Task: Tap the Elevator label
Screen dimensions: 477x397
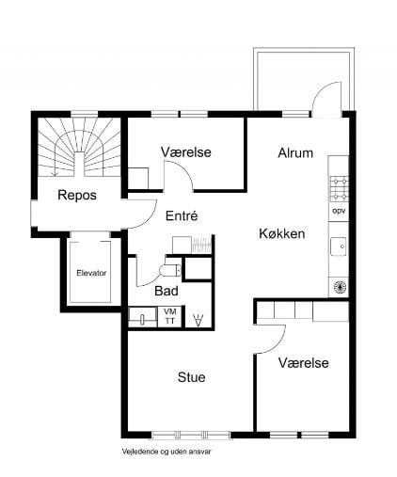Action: pyautogui.click(x=91, y=273)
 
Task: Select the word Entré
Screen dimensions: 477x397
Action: pyautogui.click(x=181, y=215)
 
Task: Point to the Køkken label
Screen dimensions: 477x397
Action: pyautogui.click(x=281, y=234)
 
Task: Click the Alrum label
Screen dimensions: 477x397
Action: pyautogui.click(x=295, y=152)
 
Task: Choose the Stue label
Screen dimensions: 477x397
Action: pyautogui.click(x=191, y=377)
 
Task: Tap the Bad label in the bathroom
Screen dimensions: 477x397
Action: pyautogui.click(x=167, y=291)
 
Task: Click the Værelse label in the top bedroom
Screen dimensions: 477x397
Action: pyautogui.click(x=185, y=151)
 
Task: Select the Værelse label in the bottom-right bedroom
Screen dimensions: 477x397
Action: pyautogui.click(x=303, y=363)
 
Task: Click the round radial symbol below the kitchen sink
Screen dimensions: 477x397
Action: pyautogui.click(x=339, y=286)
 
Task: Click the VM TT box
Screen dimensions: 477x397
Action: pyautogui.click(x=170, y=316)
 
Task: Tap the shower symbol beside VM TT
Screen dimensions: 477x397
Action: pyautogui.click(x=198, y=320)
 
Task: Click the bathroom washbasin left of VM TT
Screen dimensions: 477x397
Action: pyautogui.click(x=143, y=318)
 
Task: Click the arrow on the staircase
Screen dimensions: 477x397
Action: pyautogui.click(x=56, y=169)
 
